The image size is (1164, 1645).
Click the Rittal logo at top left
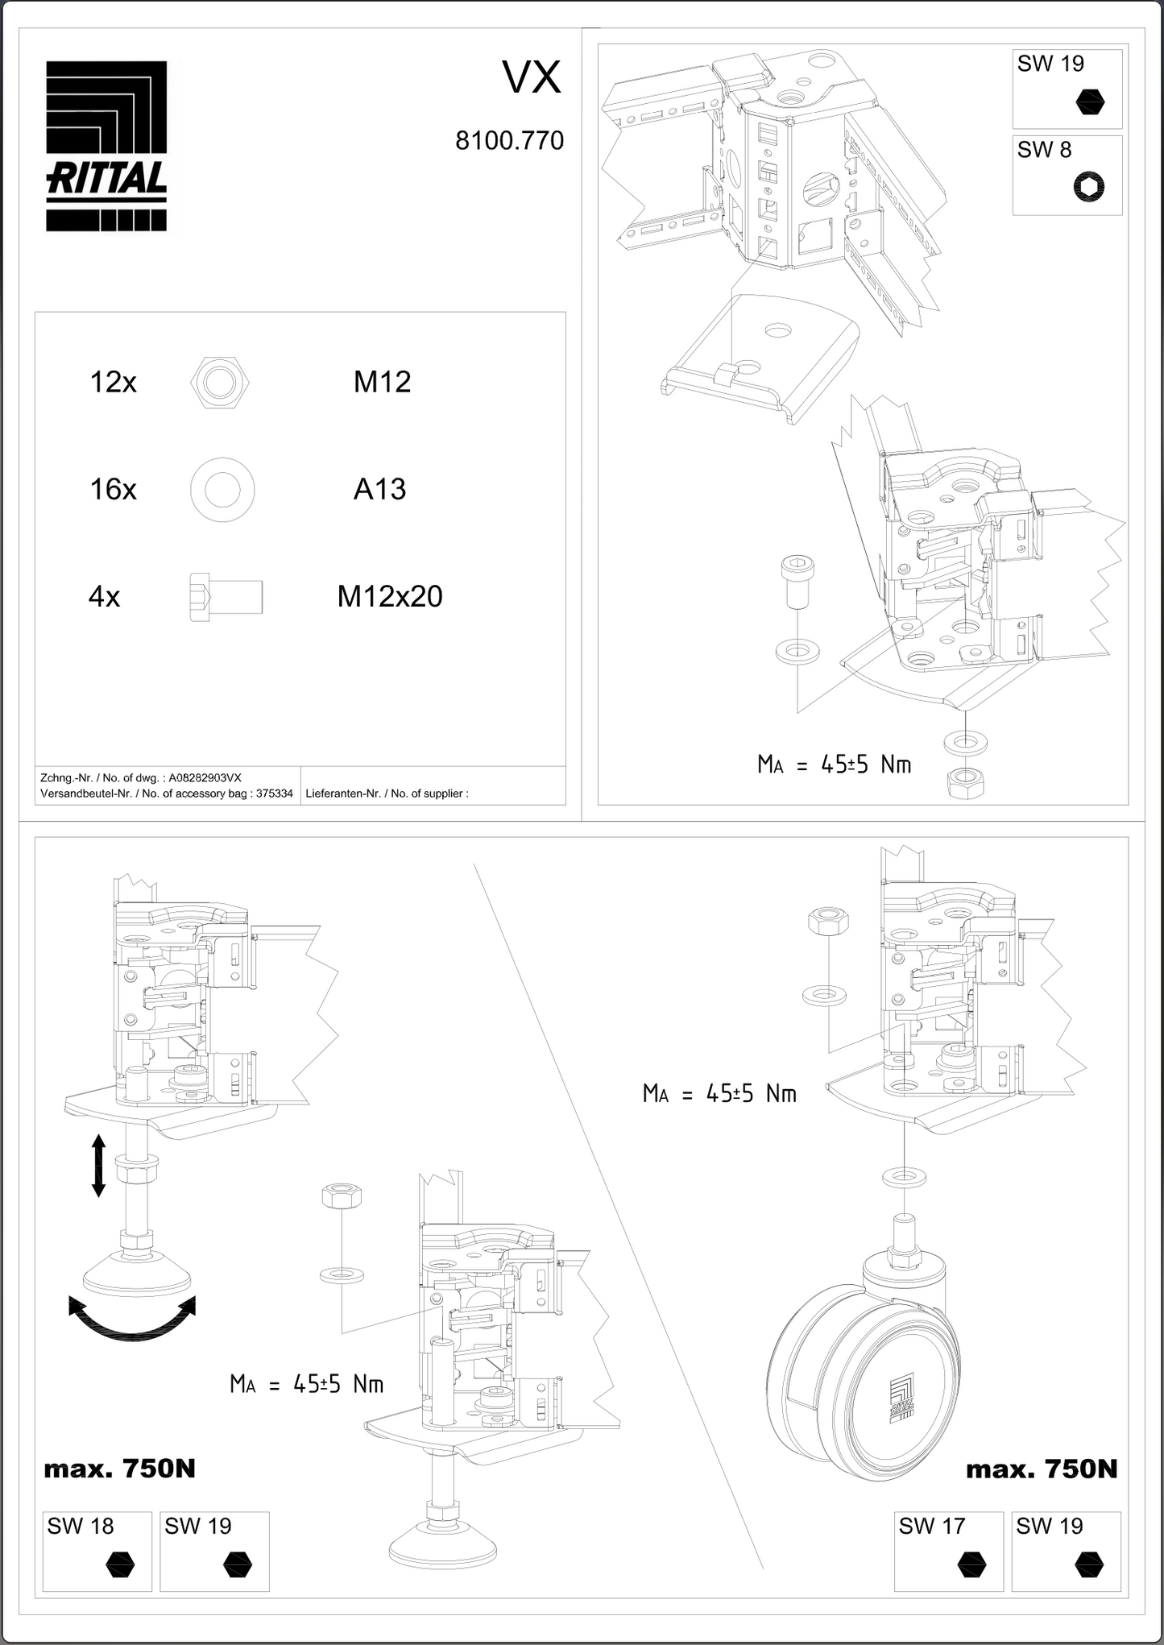[106, 147]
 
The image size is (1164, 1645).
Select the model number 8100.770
[509, 141]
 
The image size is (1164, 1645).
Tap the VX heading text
[532, 78]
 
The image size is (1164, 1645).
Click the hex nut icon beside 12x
[220, 382]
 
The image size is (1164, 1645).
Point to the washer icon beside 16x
[222, 489]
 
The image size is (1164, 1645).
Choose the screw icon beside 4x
[226, 597]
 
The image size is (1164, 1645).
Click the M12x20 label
[390, 597]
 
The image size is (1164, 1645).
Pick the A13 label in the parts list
[379, 489]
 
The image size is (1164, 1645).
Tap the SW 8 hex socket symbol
[1089, 188]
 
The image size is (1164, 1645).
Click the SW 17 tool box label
[931, 1526]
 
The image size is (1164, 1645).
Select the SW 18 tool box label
[81, 1526]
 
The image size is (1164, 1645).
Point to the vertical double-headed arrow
[98, 1165]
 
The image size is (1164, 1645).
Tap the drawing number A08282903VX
[205, 778]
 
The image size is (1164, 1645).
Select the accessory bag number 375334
[274, 793]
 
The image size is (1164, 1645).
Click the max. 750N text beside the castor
[1041, 1469]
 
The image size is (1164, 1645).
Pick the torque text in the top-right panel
[834, 764]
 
